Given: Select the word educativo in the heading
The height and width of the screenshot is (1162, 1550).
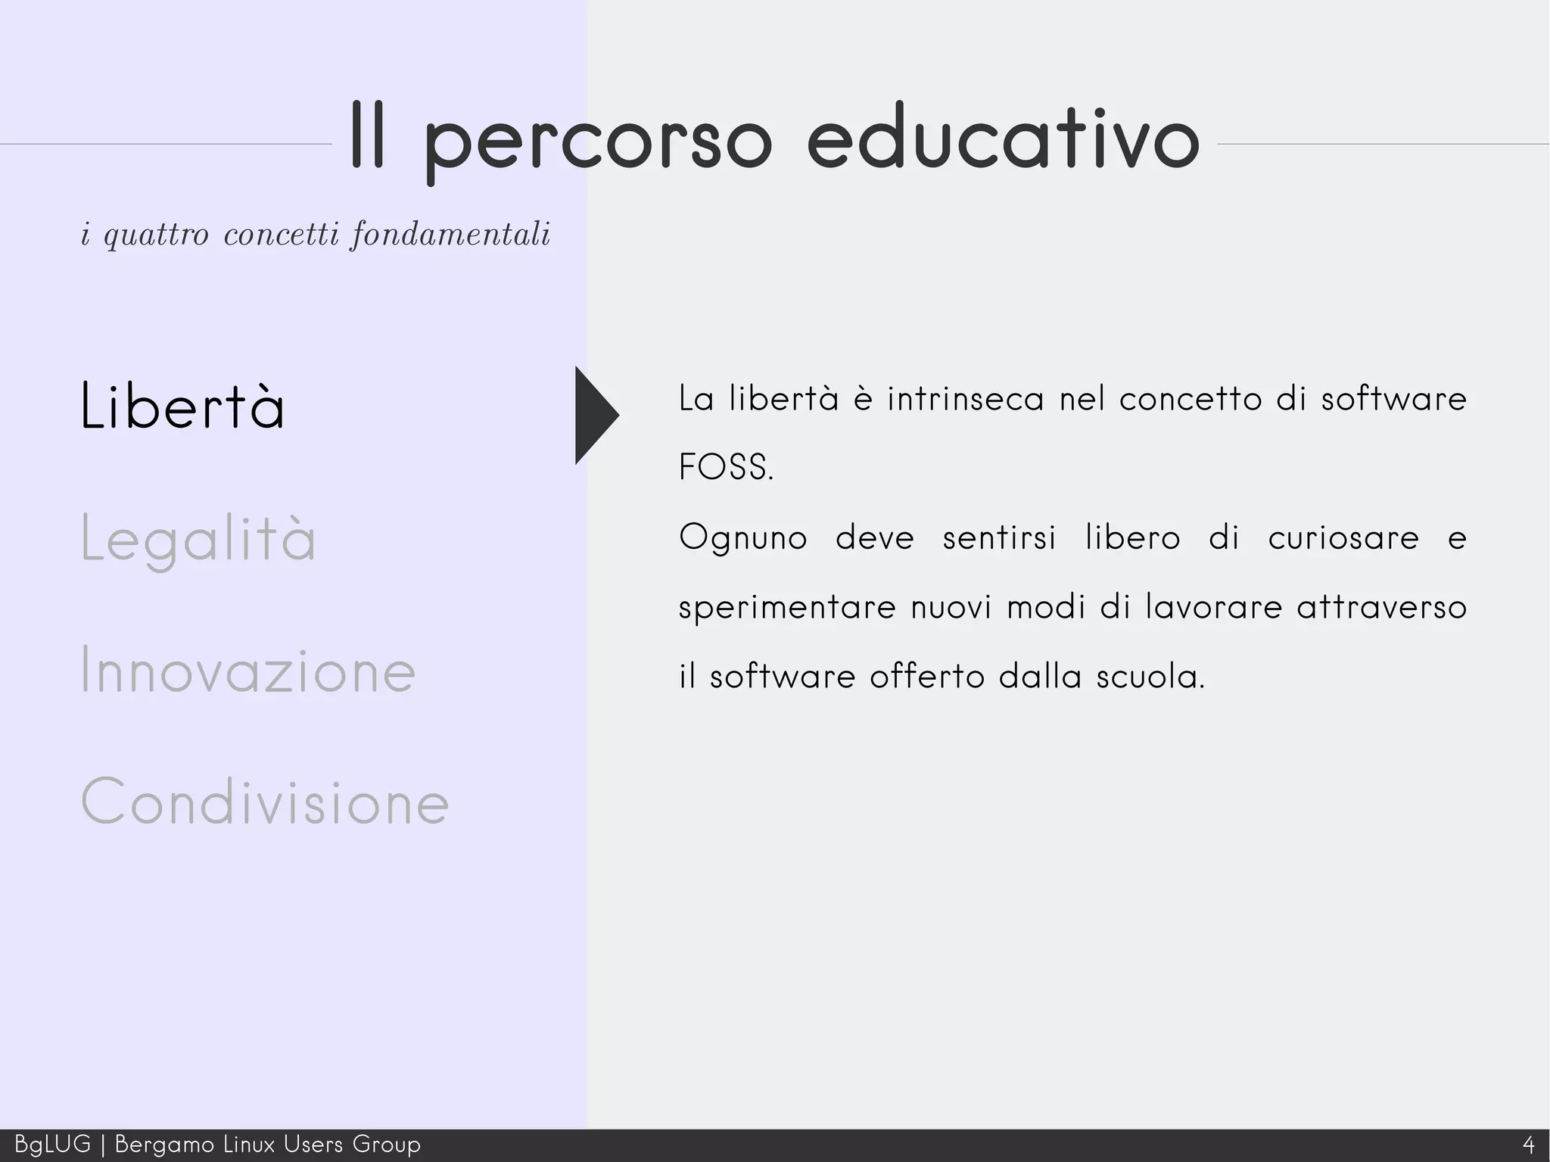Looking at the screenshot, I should pyautogui.click(x=1003, y=140).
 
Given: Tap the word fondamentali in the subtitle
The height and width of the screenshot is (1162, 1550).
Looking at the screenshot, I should pyautogui.click(x=451, y=235).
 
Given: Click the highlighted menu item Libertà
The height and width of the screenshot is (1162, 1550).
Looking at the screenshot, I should pyautogui.click(x=182, y=407).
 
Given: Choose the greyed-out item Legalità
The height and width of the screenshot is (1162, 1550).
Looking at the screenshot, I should pyautogui.click(x=198, y=539).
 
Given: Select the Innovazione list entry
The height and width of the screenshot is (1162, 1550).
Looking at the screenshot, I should pyautogui.click(x=247, y=671).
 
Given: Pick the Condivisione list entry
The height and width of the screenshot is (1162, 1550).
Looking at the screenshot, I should pyautogui.click(x=265, y=802).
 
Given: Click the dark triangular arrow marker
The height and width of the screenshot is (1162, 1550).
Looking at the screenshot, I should pyautogui.click(x=595, y=415).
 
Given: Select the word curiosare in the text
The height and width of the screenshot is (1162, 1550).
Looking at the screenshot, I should pyautogui.click(x=1343, y=537).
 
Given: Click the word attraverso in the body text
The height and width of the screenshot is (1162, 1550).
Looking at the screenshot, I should pyautogui.click(x=1381, y=607).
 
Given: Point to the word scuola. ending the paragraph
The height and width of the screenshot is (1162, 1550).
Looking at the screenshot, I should pyautogui.click(x=1150, y=677).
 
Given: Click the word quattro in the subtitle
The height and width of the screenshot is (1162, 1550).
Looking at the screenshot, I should pyautogui.click(x=156, y=235).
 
